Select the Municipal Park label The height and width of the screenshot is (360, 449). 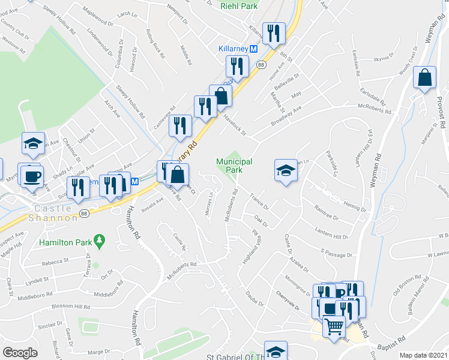tap(234, 166)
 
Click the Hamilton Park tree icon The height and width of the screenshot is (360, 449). tap(100, 242)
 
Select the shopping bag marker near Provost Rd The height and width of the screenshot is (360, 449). tap(424, 77)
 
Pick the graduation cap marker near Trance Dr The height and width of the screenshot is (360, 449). tap(286, 170)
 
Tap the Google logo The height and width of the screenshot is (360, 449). tap(20, 353)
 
